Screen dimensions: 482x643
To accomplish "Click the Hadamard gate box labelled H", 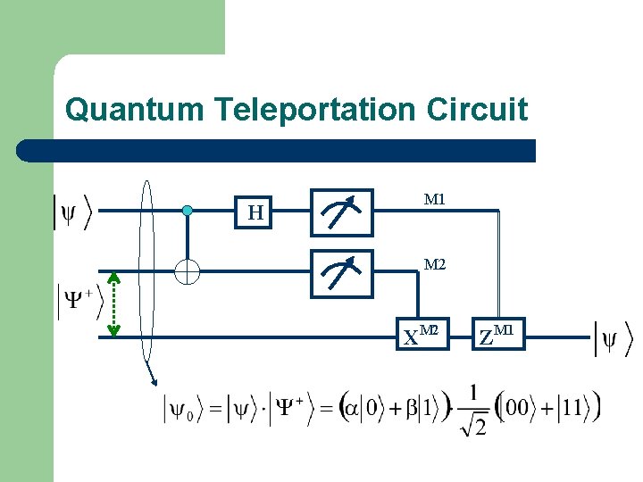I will [256, 212].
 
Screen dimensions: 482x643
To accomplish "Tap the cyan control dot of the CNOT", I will [187, 211].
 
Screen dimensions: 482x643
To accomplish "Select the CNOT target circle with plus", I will [187, 270].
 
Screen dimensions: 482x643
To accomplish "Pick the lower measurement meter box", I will [342, 271].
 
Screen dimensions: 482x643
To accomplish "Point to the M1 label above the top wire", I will [435, 199].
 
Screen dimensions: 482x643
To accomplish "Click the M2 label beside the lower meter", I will [435, 264].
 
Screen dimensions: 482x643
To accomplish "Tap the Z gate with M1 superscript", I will [497, 337].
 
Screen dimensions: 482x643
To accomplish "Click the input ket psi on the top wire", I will [72, 212].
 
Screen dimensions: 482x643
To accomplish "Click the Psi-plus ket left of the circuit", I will [80, 301].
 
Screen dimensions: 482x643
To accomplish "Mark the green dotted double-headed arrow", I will [113, 304].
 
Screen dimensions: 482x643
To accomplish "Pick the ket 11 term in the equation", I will [577, 409].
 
